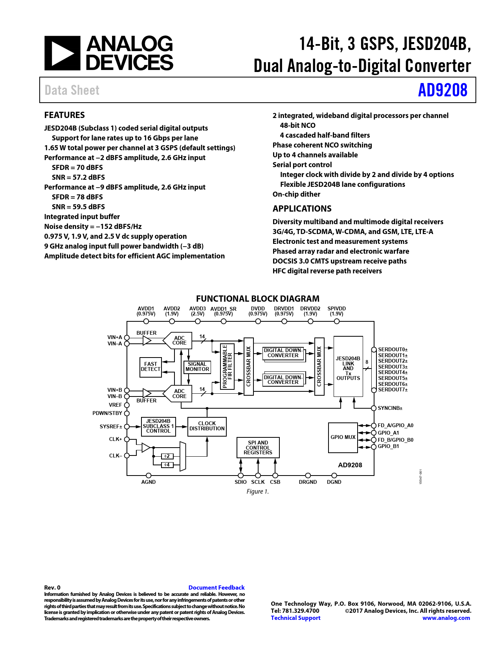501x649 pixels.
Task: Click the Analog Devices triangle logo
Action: click(x=62, y=53)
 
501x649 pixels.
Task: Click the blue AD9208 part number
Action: click(x=442, y=90)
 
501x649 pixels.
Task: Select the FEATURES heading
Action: click(x=64, y=115)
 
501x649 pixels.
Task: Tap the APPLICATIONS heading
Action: click(x=302, y=209)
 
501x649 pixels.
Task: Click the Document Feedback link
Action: click(x=216, y=588)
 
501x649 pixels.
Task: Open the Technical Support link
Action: click(x=295, y=618)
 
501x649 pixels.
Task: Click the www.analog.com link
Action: click(x=446, y=618)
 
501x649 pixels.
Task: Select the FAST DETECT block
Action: click(x=150, y=367)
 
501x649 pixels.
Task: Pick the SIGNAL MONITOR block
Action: click(x=197, y=367)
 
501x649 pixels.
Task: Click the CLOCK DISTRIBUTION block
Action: click(x=207, y=426)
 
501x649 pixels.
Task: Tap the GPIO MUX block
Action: click(x=343, y=437)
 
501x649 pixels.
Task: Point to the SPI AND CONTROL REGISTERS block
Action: click(x=258, y=448)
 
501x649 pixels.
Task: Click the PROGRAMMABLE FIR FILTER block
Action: click(x=228, y=366)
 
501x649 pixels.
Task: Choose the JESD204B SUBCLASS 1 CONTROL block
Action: click(x=158, y=426)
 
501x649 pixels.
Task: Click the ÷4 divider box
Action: click(x=167, y=465)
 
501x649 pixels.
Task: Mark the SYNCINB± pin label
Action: click(x=390, y=408)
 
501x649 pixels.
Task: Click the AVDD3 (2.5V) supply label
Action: click(x=198, y=311)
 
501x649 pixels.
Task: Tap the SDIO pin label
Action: click(x=240, y=482)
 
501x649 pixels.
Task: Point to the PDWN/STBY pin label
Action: click(x=107, y=413)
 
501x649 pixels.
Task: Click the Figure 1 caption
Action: click(x=257, y=492)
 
